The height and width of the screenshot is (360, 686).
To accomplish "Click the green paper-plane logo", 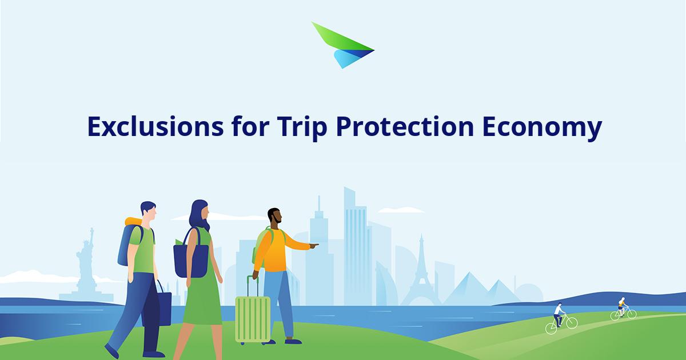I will pyautogui.click(x=342, y=46).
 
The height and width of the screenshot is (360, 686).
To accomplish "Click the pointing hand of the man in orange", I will pyautogui.click(x=314, y=246).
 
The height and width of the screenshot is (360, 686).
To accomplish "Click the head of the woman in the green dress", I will pyautogui.click(x=200, y=214).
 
